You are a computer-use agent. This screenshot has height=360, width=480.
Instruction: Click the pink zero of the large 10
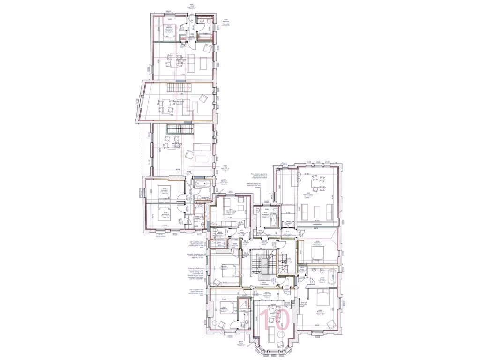pyautogui.click(x=280, y=319)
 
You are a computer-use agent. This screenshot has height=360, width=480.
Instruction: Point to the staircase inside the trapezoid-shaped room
pyautogui.click(x=180, y=88)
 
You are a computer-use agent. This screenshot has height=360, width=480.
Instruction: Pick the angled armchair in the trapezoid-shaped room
pyautogui.click(x=203, y=98)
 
